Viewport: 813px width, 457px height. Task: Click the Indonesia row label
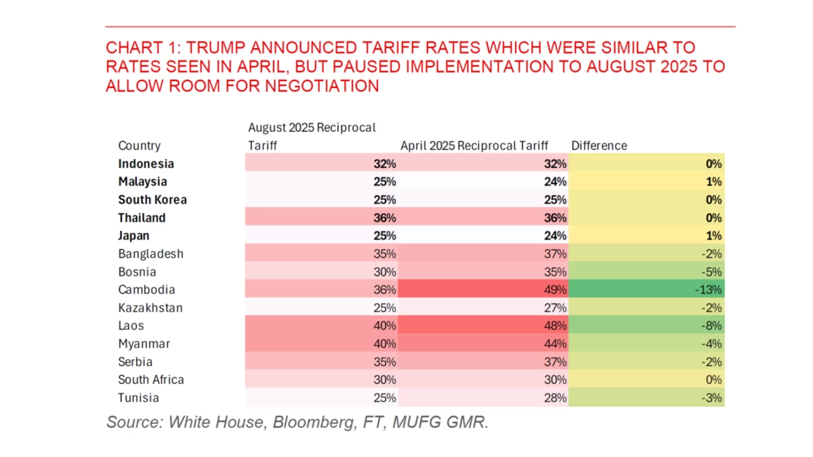click(x=146, y=164)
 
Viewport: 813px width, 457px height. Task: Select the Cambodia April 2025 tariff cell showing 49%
click(x=484, y=290)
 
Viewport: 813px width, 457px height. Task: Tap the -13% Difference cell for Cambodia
click(x=647, y=290)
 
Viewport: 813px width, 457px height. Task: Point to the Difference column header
click(x=600, y=146)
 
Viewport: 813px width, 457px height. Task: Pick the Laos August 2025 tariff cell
click(x=322, y=326)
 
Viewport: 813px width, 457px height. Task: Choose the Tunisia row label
click(x=138, y=398)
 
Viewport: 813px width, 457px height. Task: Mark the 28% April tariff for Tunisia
click(x=484, y=398)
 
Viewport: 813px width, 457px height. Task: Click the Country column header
click(x=140, y=146)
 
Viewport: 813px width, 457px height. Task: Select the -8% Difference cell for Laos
click(x=647, y=326)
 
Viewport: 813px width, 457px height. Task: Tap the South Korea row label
click(x=152, y=200)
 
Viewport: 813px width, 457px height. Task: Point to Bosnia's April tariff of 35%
click(x=484, y=272)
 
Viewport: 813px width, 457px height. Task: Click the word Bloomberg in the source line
click(x=295, y=422)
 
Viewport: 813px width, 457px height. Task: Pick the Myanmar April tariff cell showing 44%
click(x=484, y=344)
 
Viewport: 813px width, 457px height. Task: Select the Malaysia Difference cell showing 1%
click(x=647, y=182)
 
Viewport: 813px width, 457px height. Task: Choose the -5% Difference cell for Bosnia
click(x=647, y=272)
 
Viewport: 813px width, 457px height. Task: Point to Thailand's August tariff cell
click(x=322, y=218)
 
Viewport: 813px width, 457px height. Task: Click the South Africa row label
click(x=151, y=380)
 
